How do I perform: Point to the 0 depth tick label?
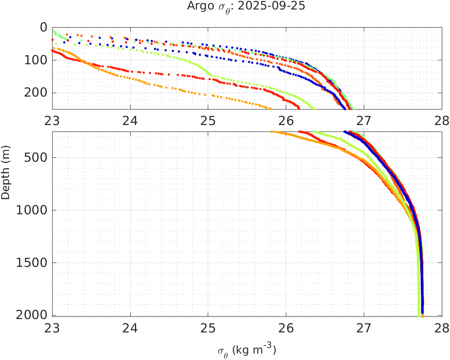click(x=43, y=27)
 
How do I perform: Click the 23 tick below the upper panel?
click(x=53, y=119)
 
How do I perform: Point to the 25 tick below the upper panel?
click(x=208, y=119)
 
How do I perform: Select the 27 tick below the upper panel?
click(x=364, y=119)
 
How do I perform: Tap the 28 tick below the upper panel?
click(x=441, y=119)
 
